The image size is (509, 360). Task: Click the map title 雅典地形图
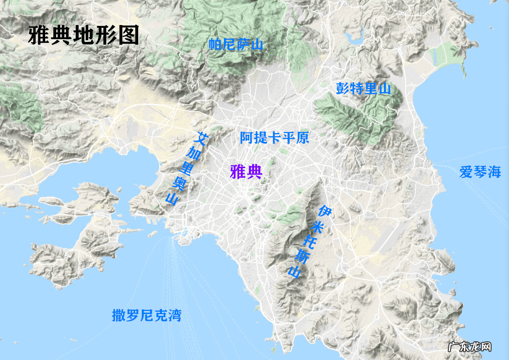84,35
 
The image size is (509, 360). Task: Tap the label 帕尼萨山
236,44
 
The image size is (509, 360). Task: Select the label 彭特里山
364,88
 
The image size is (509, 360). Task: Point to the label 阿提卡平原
275,137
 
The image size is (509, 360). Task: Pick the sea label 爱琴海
480,172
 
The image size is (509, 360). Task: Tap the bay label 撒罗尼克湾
146,315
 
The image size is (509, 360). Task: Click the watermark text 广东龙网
469,347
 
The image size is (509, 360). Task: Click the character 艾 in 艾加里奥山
202,138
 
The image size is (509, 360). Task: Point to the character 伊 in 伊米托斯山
324,211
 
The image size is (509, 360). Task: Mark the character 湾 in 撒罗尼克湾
174,315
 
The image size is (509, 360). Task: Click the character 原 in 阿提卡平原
302,137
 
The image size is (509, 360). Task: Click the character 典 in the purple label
254,172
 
